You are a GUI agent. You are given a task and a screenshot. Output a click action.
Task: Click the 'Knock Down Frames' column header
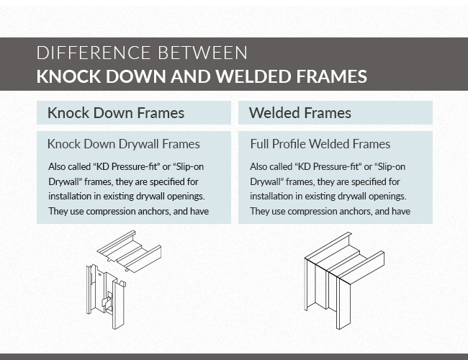[x=115, y=113]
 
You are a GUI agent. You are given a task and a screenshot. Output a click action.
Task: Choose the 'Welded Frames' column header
[x=300, y=113]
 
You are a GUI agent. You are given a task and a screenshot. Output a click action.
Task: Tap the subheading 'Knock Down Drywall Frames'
[x=123, y=144]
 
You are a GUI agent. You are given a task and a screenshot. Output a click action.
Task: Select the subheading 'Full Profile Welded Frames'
[x=320, y=144]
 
